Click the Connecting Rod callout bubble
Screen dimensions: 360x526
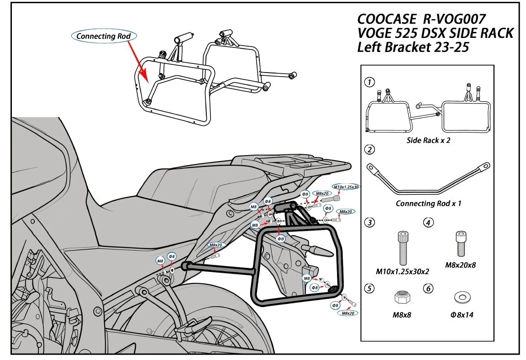point(104,36)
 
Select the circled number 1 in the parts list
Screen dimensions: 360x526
point(370,83)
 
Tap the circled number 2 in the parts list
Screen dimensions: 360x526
point(370,150)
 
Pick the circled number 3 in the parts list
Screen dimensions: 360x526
point(370,222)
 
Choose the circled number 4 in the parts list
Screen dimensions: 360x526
point(428,222)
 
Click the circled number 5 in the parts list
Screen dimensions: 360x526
point(370,288)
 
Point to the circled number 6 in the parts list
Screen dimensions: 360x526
point(428,288)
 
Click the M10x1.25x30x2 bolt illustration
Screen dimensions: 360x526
point(401,247)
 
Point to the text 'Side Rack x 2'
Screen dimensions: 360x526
point(428,141)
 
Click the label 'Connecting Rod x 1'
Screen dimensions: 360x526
point(428,203)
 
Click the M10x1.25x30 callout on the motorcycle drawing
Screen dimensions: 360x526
point(346,187)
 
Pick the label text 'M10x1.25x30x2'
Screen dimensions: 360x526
point(402,271)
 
